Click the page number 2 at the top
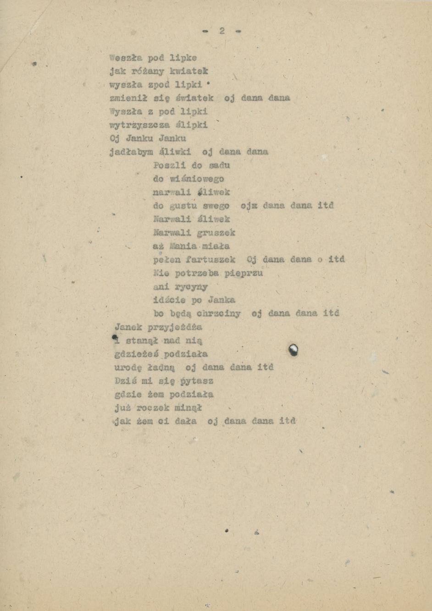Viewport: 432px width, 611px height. pos(222,31)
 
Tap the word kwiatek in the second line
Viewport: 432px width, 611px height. pos(188,72)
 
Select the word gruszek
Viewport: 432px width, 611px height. pos(216,233)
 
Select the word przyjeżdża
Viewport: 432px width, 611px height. pos(175,327)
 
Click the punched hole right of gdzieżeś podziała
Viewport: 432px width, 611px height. pos(294,351)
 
